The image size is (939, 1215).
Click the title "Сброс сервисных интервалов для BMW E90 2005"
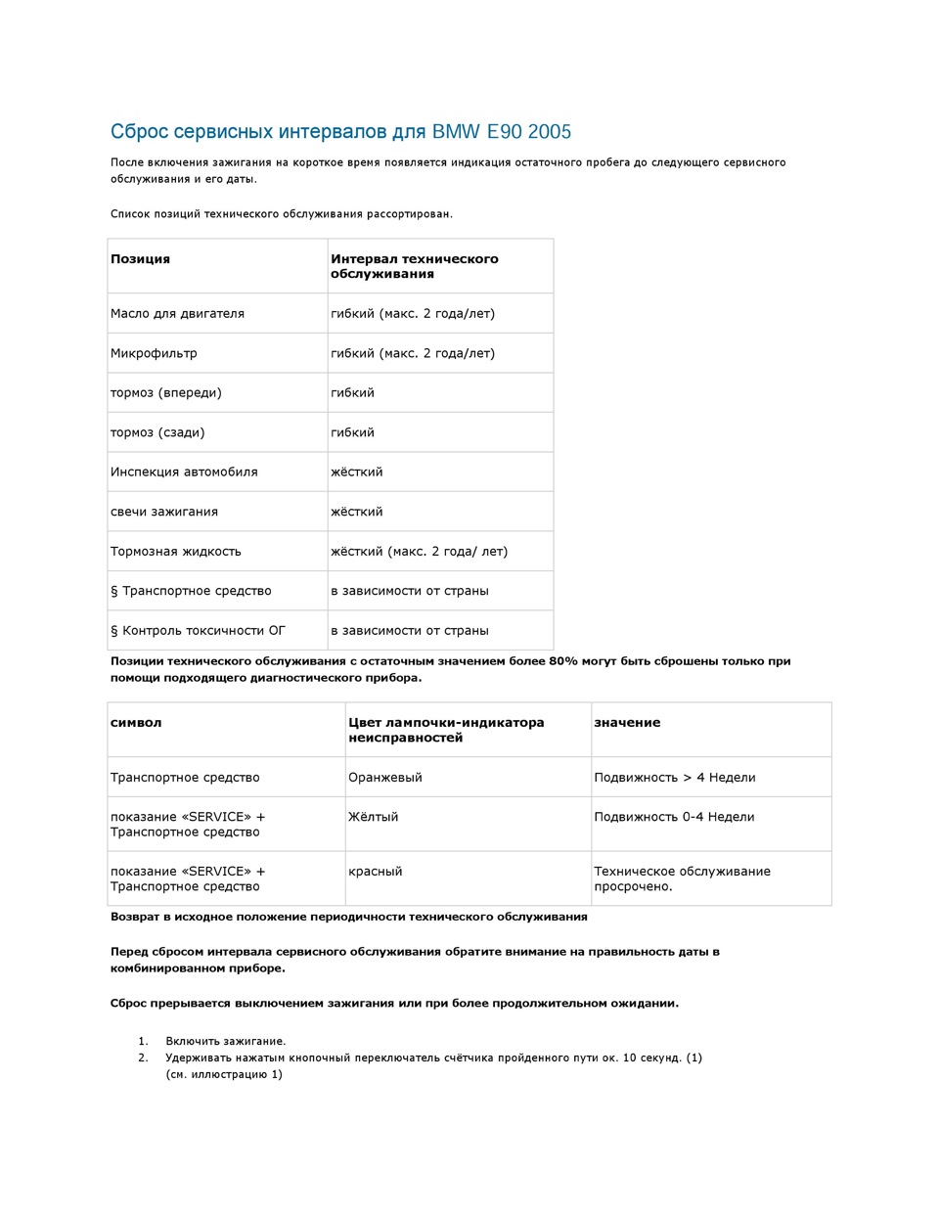(340, 132)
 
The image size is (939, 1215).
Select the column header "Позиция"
(140, 259)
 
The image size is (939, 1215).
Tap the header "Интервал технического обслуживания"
(415, 266)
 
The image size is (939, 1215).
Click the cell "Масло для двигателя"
(177, 314)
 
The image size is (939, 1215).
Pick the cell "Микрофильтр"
(154, 353)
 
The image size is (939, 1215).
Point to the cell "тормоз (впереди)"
(166, 393)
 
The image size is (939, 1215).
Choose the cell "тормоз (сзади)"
(157, 432)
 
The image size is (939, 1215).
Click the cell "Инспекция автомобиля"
(184, 472)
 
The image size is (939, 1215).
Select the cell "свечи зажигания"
(164, 512)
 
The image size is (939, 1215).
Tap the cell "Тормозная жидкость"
(176, 552)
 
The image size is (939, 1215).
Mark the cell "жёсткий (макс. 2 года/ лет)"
(419, 552)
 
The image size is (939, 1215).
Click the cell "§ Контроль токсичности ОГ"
(198, 631)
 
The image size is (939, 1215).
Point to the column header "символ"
(136, 723)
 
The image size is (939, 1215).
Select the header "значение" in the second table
(627, 723)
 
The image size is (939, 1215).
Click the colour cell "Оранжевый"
(385, 778)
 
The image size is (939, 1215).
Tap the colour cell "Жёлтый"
(373, 817)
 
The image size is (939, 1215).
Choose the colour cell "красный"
(375, 872)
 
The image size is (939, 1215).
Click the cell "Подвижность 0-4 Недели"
(674, 817)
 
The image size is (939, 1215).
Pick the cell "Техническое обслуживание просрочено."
(682, 878)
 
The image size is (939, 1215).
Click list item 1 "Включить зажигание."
(225, 1042)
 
